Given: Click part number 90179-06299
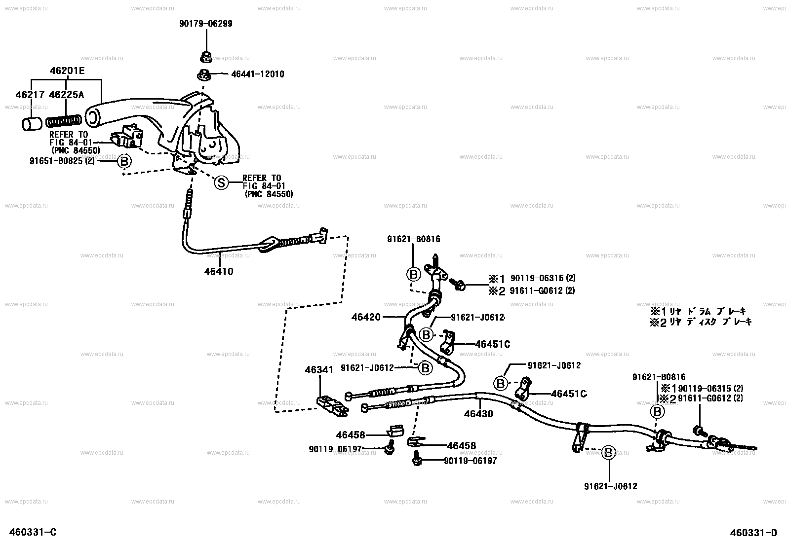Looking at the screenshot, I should (205, 24).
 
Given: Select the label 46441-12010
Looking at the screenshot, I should (258, 74).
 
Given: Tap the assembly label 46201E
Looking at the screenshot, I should (67, 71).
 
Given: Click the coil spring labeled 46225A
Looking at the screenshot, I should (64, 121).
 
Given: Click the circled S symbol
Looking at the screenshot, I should (221, 182).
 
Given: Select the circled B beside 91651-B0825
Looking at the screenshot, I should (124, 161).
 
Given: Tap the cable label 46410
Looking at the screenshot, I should (218, 271).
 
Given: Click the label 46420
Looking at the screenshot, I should (366, 317).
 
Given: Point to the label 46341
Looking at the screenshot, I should (319, 369).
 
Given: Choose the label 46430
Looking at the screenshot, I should (478, 414).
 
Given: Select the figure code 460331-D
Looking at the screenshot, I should (754, 532).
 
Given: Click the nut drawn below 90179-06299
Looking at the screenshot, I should (204, 57).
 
